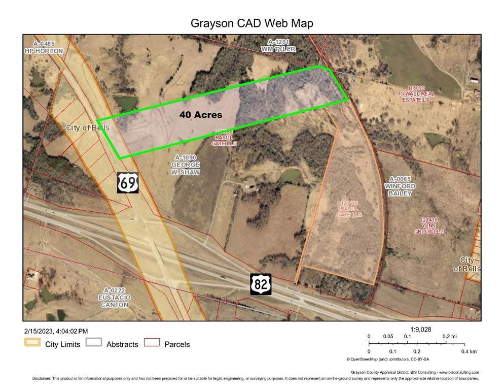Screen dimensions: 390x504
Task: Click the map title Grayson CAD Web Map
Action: point(251,23)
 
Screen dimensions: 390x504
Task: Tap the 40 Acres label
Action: point(201,115)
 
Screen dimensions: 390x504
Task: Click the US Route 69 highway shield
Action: point(127,182)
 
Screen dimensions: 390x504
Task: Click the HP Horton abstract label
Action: point(44,48)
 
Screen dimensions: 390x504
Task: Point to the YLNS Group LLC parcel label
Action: point(431,226)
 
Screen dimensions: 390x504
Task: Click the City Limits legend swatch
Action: point(32,344)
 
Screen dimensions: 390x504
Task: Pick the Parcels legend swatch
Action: point(152,344)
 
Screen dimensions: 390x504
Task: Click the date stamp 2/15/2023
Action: point(37,331)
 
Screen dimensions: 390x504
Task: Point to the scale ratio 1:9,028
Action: point(420,330)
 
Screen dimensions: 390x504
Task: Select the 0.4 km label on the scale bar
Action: point(470,351)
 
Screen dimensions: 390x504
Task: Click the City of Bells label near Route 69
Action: point(87,128)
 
